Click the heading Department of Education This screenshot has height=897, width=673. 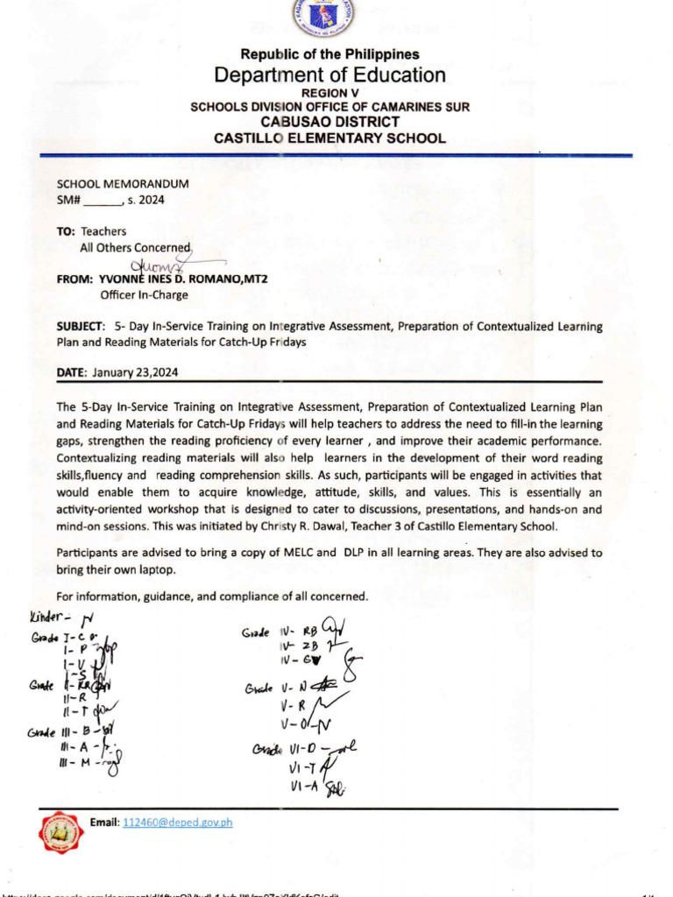click(329, 75)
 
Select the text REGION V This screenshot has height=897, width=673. click(329, 93)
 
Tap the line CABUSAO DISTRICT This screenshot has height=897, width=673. click(329, 122)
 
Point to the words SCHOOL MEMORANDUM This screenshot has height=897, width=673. click(122, 184)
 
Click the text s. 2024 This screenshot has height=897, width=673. click(145, 200)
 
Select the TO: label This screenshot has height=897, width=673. click(67, 231)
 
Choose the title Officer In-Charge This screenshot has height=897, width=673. click(144, 295)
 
